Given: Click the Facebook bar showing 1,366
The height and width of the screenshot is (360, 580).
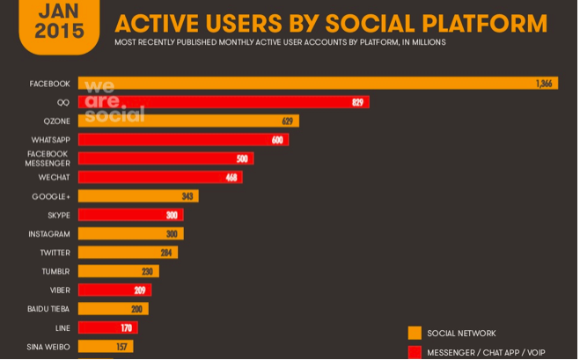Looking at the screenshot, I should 317,84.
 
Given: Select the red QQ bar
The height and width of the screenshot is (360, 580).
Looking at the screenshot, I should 224,102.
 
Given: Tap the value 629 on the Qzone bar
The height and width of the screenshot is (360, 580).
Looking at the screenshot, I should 288,121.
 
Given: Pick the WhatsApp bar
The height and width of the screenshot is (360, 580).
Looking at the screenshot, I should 183,140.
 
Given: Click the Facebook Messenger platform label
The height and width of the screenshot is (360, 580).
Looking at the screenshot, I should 48,158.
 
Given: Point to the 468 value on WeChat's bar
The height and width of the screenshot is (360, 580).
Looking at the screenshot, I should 231,178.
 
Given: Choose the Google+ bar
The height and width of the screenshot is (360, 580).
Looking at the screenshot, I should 138,196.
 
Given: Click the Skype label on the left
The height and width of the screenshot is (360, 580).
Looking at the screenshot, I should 59,216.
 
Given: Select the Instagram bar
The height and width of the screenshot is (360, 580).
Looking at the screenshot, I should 130,234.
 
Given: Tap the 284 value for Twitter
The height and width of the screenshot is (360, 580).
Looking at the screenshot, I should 166,253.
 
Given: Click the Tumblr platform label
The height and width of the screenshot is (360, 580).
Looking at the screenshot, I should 55,272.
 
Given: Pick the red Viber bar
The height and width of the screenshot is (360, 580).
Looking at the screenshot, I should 114,290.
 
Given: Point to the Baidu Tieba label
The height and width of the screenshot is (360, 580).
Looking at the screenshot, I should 48,309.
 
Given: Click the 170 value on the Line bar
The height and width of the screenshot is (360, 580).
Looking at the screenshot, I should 127,328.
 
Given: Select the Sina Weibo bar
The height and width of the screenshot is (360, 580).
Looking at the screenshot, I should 106,347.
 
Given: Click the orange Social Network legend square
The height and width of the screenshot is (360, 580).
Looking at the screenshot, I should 415,334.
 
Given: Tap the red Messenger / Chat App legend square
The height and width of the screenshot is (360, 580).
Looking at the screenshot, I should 415,352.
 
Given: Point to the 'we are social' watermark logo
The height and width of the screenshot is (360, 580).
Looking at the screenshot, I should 113,100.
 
